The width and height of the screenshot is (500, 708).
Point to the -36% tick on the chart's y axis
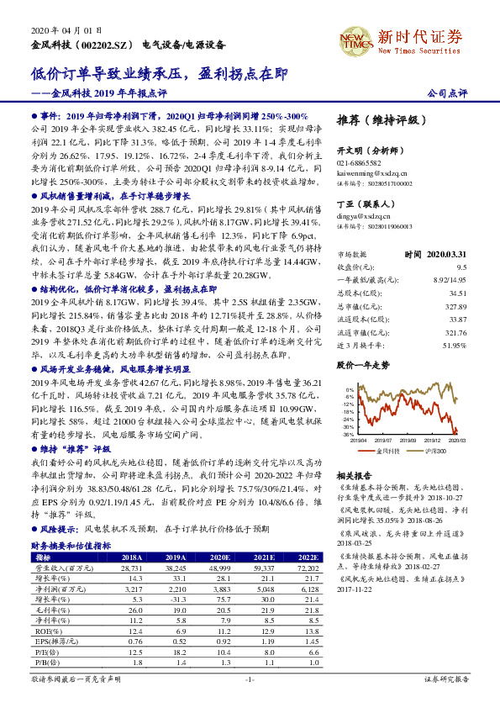(349, 435)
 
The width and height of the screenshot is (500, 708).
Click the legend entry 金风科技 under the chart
(389, 452)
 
